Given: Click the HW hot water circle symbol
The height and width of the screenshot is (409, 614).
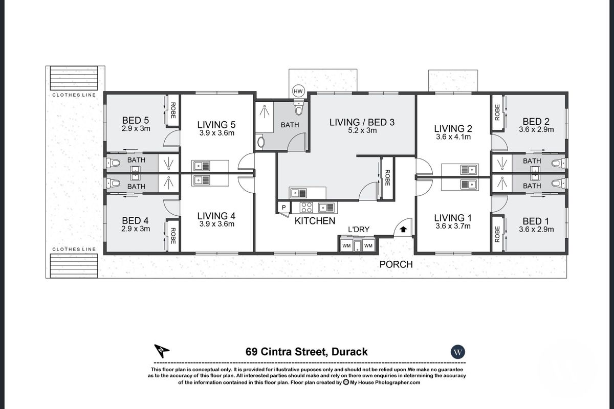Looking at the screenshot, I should coord(298,91).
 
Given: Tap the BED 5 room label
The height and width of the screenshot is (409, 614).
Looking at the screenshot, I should coord(135,121).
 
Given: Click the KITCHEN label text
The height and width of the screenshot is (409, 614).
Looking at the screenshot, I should coord(315,221).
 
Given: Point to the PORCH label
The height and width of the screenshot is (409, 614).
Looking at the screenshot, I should coord(396,264).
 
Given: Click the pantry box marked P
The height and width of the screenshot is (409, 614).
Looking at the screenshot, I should coord(283,207).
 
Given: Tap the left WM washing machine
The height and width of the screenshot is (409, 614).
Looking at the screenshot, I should coord(346,246).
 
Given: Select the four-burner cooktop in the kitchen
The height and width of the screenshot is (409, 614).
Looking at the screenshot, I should coord(306,207).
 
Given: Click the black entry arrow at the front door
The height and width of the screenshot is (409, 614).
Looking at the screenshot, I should coord(403,230).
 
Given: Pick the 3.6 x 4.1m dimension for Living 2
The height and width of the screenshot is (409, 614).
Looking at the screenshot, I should coord(452,137).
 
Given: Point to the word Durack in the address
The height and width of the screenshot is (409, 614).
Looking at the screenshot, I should coord(349,352).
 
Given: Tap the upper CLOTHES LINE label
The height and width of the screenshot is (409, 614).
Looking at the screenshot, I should coord(74,95).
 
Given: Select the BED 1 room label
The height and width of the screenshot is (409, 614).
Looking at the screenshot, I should coord(535,221).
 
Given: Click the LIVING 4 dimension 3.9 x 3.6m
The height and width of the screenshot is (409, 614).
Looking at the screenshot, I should coord(216,224).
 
